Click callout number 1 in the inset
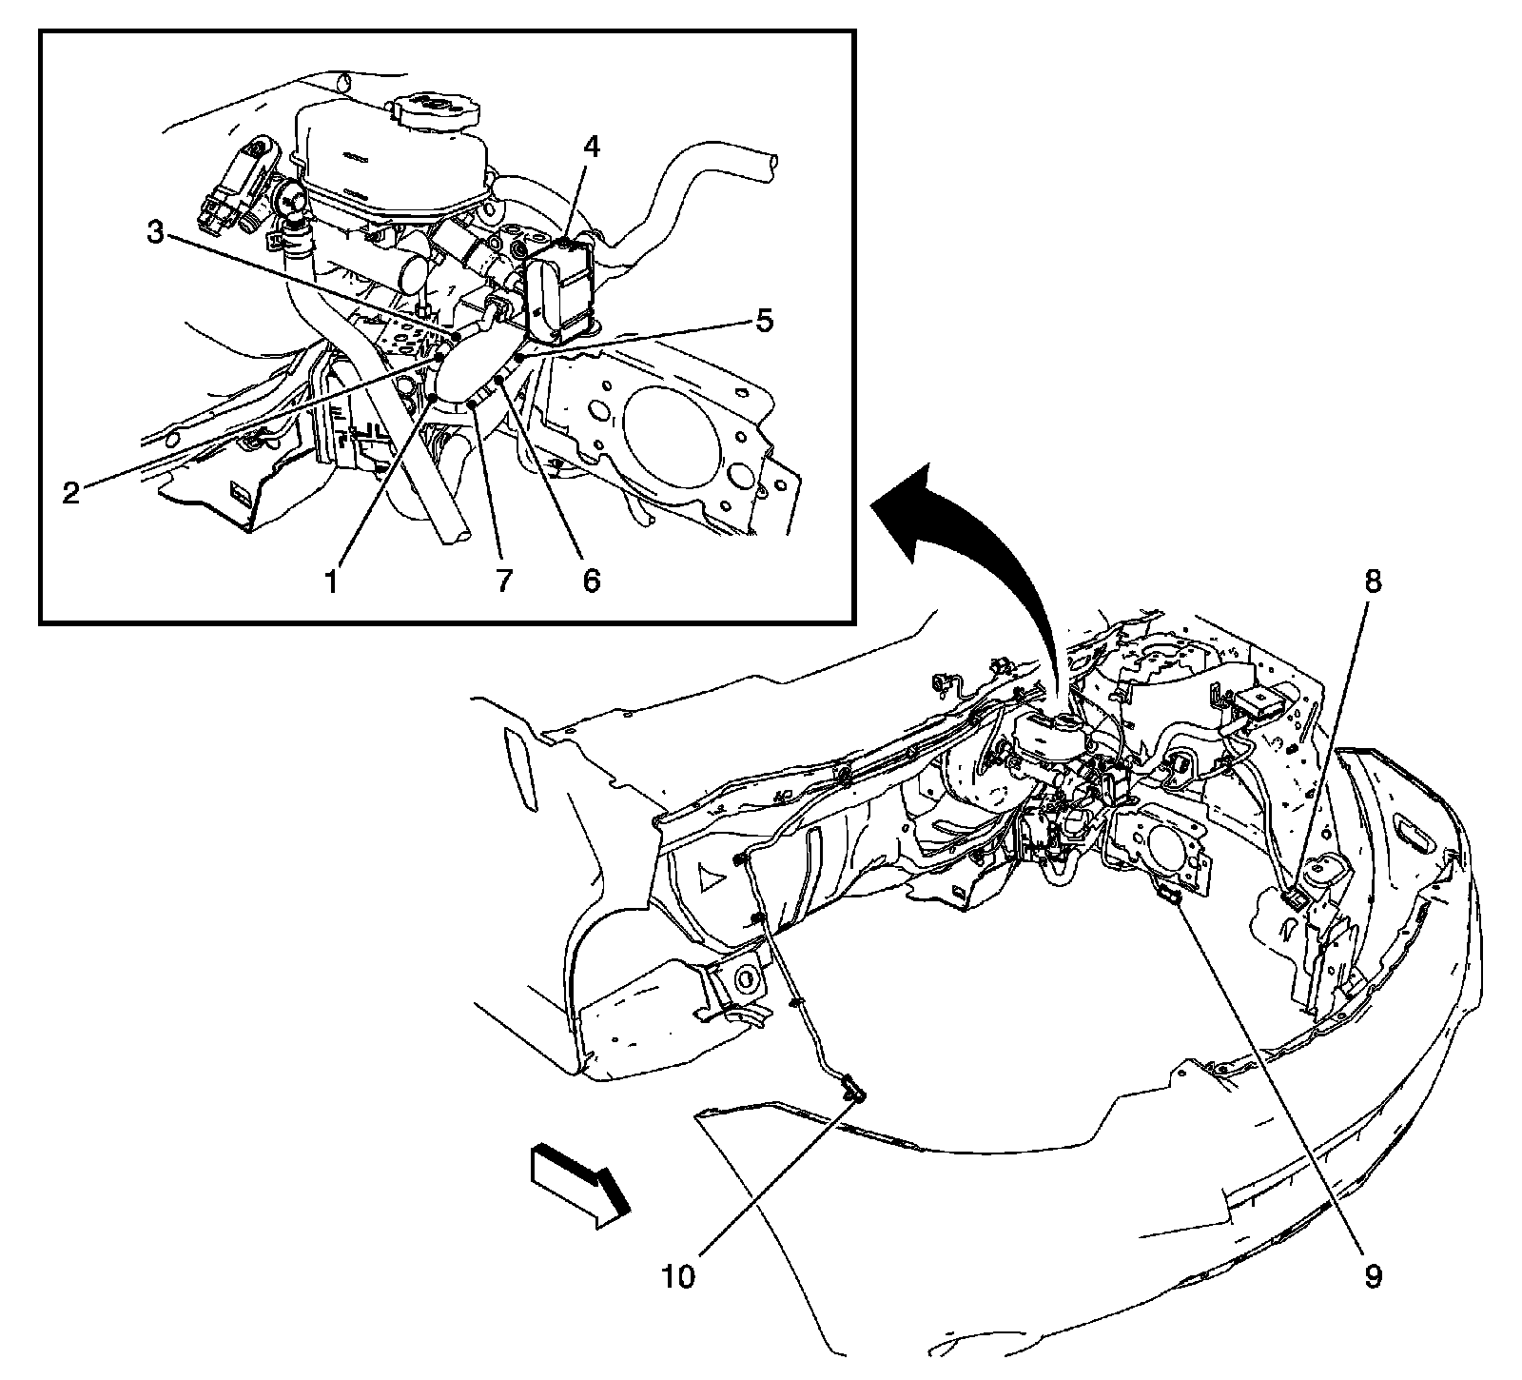[x=331, y=580]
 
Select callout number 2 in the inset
[x=71, y=493]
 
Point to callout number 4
[x=592, y=148]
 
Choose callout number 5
[x=764, y=321]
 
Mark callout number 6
[x=591, y=580]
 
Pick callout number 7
[x=502, y=580]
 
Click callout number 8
[x=1372, y=582]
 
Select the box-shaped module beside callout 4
[x=561, y=290]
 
